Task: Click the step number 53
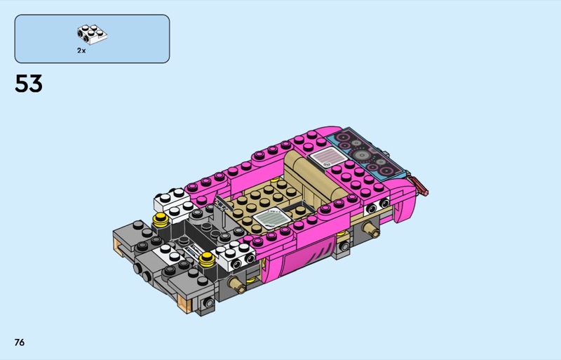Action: click(29, 84)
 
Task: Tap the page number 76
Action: click(20, 342)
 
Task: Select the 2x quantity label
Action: click(81, 51)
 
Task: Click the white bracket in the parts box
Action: click(92, 34)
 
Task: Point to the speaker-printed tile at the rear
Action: click(367, 153)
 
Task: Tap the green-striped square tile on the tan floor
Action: click(271, 218)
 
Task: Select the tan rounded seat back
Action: click(315, 175)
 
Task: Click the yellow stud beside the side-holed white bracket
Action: click(207, 259)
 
